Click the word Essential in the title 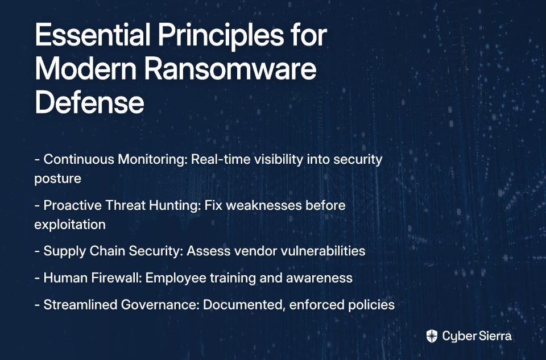pyautogui.click(x=93, y=35)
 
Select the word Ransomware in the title pyautogui.click(x=230, y=69)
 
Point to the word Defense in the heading pyautogui.click(x=89, y=102)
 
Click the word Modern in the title pyautogui.click(x=86, y=69)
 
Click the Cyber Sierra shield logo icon pyautogui.click(x=432, y=336)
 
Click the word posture pyautogui.click(x=58, y=179)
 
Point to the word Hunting pyautogui.click(x=175, y=205)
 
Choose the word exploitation pyautogui.click(x=70, y=225)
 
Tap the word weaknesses pyautogui.click(x=264, y=205)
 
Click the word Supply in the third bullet pyautogui.click(x=65, y=251)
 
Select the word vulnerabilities pyautogui.click(x=323, y=251)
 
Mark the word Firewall pyautogui.click(x=116, y=278)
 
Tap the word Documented pyautogui.click(x=245, y=305)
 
